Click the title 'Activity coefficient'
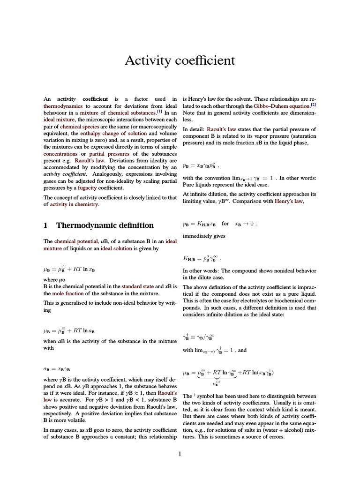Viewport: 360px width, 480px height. pos(180,61)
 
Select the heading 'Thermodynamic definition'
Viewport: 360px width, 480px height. pos(105,225)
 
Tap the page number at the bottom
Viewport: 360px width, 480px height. pos(180,453)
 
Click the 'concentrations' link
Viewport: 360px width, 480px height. pos(60,154)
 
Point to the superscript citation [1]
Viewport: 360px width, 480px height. pos(159,112)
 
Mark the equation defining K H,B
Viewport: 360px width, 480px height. pos(202,258)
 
